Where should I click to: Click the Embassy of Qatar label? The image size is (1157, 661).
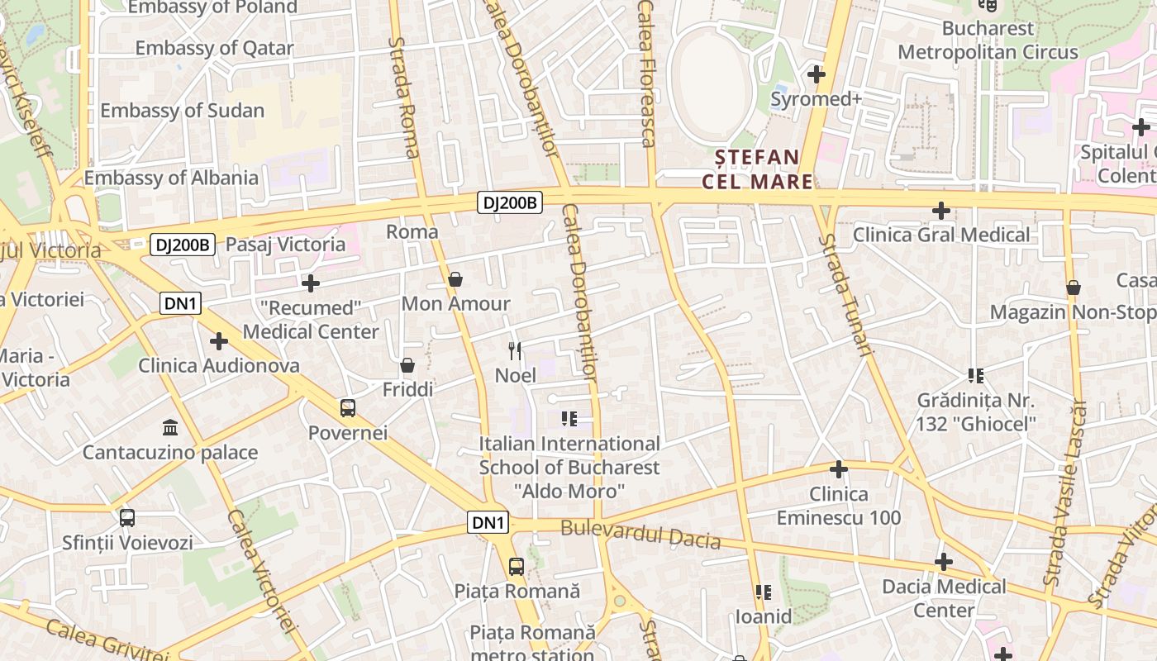pos(214,48)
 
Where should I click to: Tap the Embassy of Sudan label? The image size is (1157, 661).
pos(182,111)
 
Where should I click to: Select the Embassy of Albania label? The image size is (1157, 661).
pos(171,178)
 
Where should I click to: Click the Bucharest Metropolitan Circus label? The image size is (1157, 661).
pos(988,40)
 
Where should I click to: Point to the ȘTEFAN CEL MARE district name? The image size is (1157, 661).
pos(757,169)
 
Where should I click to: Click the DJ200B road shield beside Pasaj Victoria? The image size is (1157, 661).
pos(183,245)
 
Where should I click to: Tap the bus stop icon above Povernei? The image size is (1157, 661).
pos(348,407)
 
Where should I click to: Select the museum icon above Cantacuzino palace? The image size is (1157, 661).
pos(170,427)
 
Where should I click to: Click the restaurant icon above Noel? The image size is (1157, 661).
pos(516,350)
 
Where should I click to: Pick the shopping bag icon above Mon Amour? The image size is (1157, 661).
pos(455,279)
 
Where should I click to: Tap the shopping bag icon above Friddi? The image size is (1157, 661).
pos(407,364)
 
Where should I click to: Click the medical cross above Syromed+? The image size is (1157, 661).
pos(817,74)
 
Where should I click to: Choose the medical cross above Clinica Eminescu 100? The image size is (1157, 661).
pos(839,469)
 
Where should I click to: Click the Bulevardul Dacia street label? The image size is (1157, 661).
pos(640,535)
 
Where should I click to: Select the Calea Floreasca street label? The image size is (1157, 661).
pos(647,74)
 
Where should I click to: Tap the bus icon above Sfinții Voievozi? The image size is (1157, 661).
pos(127,518)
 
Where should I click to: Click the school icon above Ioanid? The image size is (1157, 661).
pos(764,592)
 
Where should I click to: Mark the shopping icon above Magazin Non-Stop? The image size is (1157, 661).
pos(1074,288)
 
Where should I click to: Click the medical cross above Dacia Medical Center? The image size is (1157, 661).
pos(944,563)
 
